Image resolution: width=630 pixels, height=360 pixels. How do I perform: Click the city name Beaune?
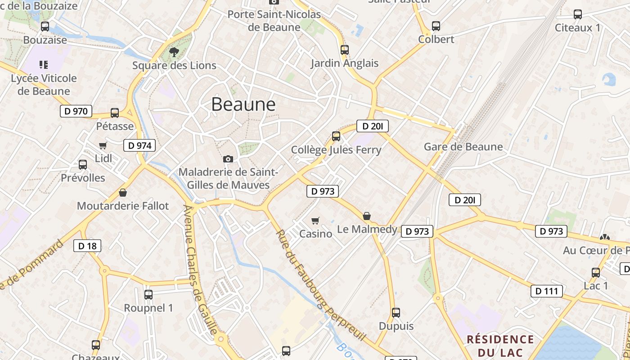243,104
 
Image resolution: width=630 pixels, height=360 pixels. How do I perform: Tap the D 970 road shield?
76,111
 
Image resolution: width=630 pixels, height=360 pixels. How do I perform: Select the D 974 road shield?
139,145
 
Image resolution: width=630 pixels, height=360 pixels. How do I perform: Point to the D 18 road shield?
87,246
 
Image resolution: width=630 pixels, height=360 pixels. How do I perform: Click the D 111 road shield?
547,291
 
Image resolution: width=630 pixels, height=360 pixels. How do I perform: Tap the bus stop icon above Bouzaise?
45,27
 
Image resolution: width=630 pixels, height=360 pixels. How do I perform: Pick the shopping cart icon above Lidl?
103,145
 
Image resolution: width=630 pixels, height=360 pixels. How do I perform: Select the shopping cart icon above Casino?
315,220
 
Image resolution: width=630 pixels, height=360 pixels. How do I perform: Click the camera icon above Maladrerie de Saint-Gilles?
228,159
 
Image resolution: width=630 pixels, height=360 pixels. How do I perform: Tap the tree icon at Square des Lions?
174,52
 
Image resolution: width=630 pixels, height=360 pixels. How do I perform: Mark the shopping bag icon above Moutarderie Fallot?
123,193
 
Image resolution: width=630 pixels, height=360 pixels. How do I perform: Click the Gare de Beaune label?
463,147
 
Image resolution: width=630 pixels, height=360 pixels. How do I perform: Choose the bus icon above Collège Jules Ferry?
336,136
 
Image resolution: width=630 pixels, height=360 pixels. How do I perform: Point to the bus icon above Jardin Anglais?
345,50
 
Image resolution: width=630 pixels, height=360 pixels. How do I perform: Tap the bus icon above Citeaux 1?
578,14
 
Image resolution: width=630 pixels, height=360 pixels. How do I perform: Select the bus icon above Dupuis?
396,313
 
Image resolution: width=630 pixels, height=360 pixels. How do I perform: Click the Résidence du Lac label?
500,345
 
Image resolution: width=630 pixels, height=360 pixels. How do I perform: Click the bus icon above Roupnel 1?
148,295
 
